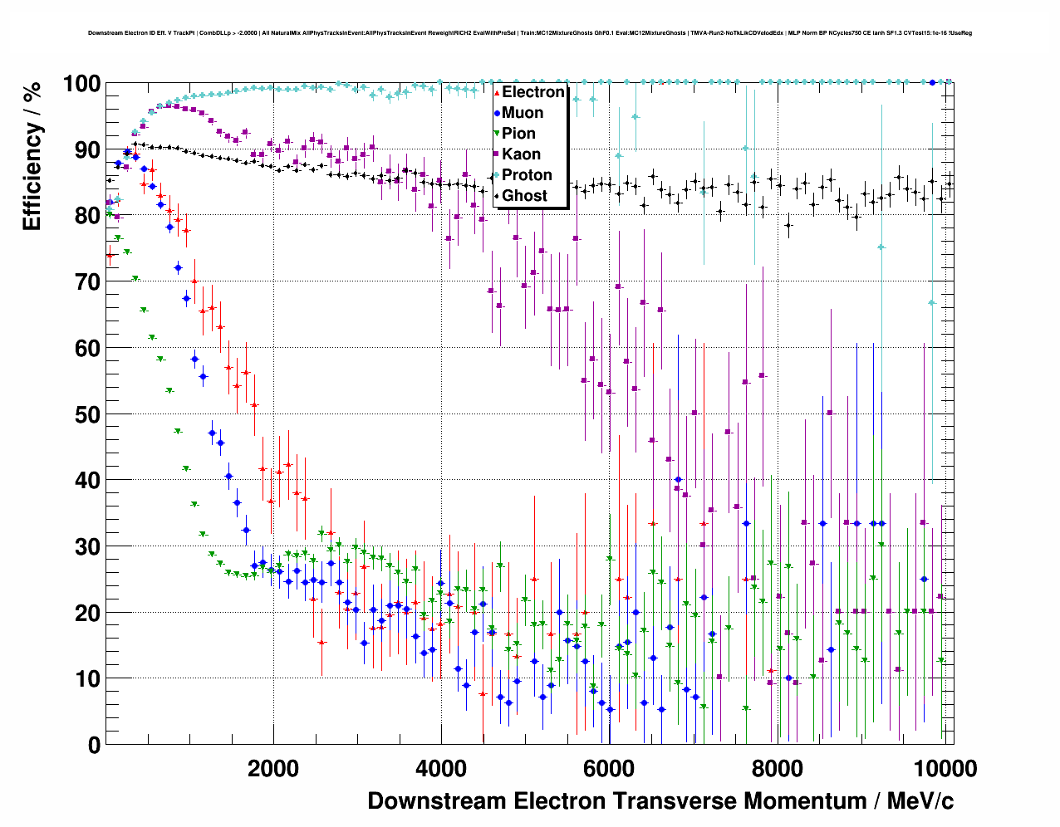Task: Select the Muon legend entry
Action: point(523,113)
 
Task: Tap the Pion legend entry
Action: point(518,134)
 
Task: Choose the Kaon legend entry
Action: point(521,154)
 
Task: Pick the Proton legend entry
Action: point(527,175)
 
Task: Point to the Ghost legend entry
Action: point(524,196)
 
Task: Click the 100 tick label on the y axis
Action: point(81,84)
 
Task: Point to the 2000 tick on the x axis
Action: point(273,769)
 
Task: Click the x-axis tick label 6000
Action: point(609,769)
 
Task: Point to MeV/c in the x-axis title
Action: point(920,801)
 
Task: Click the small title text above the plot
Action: point(530,33)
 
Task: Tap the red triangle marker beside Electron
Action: point(497,92)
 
